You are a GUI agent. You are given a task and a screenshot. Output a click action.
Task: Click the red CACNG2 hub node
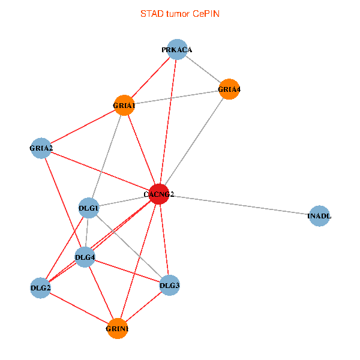click(158, 194)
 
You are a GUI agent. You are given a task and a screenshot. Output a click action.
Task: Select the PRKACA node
click(176, 50)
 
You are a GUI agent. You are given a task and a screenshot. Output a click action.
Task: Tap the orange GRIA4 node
click(229, 89)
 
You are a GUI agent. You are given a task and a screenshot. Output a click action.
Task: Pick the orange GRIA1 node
click(124, 106)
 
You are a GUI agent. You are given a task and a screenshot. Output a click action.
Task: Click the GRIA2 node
click(41, 148)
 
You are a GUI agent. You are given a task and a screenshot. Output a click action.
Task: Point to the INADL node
click(319, 216)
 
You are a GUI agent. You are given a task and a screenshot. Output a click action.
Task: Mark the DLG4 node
click(85, 257)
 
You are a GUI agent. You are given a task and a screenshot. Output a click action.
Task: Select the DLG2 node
click(41, 288)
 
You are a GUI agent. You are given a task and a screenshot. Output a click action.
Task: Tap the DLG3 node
click(170, 285)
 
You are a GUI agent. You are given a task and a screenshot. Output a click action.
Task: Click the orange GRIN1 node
click(118, 329)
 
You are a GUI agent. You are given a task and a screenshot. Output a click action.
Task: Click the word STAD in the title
click(150, 13)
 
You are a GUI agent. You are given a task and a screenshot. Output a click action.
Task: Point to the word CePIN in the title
click(206, 13)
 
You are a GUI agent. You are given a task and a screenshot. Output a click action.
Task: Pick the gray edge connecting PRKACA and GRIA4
click(203, 70)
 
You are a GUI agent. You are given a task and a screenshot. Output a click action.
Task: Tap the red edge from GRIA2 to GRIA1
click(83, 127)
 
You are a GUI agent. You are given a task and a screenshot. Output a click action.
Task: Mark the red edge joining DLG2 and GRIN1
click(79, 308)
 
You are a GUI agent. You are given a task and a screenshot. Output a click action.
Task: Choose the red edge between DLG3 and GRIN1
click(144, 307)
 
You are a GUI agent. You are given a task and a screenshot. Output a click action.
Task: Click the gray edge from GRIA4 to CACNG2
click(194, 142)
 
